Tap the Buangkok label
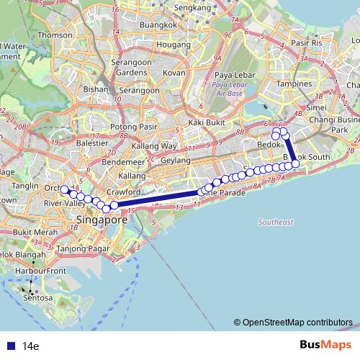point(158,26)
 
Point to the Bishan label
point(95,90)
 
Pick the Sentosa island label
point(38,297)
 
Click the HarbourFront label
point(41,271)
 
